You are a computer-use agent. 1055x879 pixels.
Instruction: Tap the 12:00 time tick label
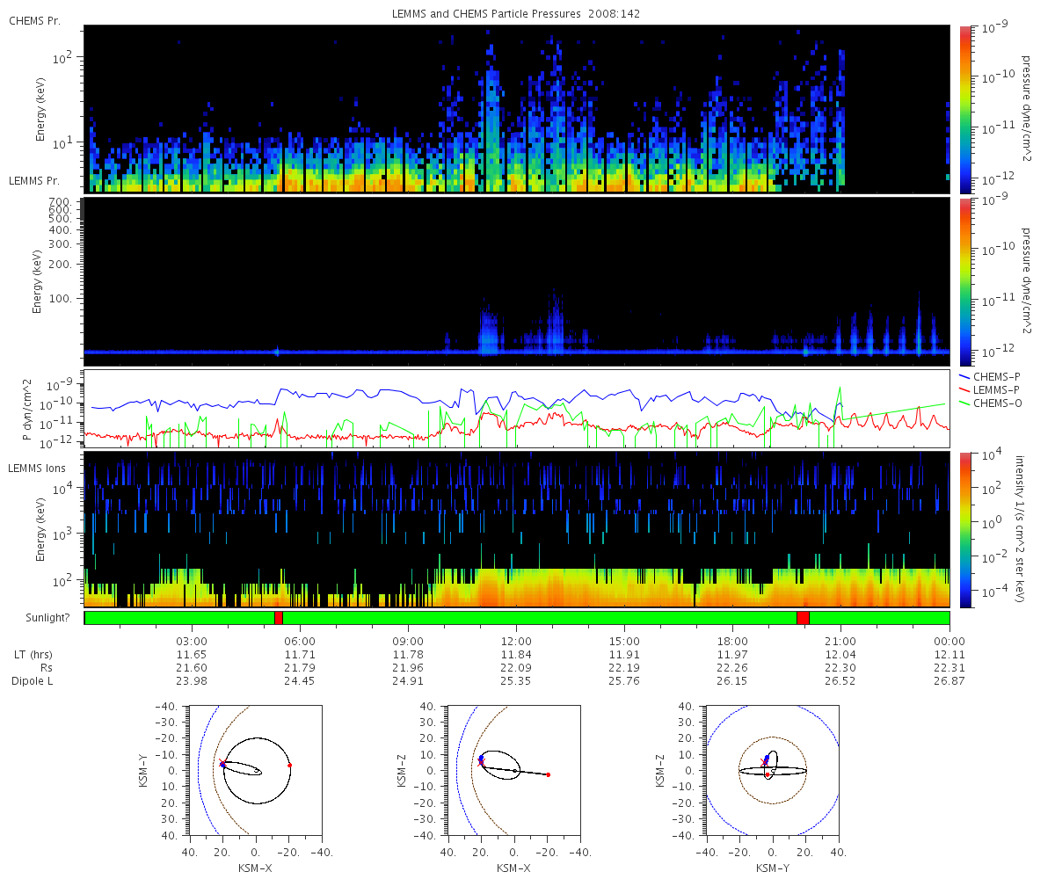pyautogui.click(x=516, y=641)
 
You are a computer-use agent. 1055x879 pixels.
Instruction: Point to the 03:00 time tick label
pyautogui.click(x=192, y=641)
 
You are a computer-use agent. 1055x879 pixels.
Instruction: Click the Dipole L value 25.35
pyautogui.click(x=516, y=681)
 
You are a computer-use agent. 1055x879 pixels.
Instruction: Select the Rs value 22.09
pyautogui.click(x=516, y=668)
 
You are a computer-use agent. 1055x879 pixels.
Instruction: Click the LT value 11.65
pyautogui.click(x=192, y=655)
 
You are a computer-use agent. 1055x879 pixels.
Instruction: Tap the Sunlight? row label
pyautogui.click(x=38, y=618)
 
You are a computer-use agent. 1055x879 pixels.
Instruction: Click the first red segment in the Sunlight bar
pyautogui.click(x=279, y=618)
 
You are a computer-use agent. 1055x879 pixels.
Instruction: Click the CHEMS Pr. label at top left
pyautogui.click(x=34, y=20)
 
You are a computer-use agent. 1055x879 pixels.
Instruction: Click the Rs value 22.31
pyautogui.click(x=949, y=668)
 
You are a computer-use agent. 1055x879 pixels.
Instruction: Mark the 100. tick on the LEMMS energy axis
pyautogui.click(x=67, y=298)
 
